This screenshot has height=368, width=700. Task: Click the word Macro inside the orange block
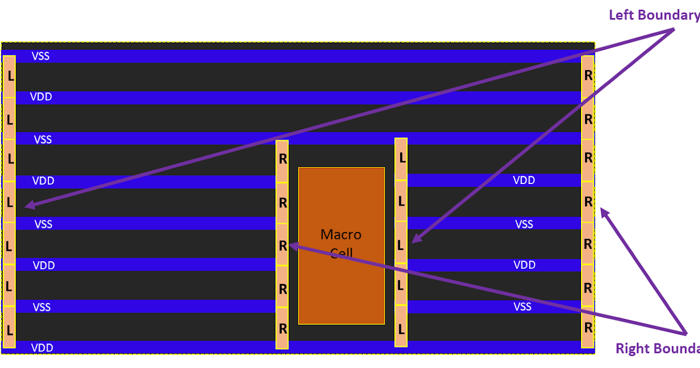[341, 235]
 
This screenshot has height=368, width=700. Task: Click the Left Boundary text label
[653, 15]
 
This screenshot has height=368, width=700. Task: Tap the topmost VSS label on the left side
[40, 56]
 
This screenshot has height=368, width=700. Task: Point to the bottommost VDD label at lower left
[42, 348]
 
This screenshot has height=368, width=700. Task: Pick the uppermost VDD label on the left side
[41, 97]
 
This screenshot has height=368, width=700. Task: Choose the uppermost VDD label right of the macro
[524, 180]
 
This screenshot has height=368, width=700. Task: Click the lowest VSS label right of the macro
[523, 307]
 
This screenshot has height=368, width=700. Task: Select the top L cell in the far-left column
[9, 76]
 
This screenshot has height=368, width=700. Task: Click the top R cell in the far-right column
[588, 75]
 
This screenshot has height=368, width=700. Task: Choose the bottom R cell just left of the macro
[282, 328]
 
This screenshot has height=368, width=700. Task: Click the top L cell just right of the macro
[401, 158]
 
